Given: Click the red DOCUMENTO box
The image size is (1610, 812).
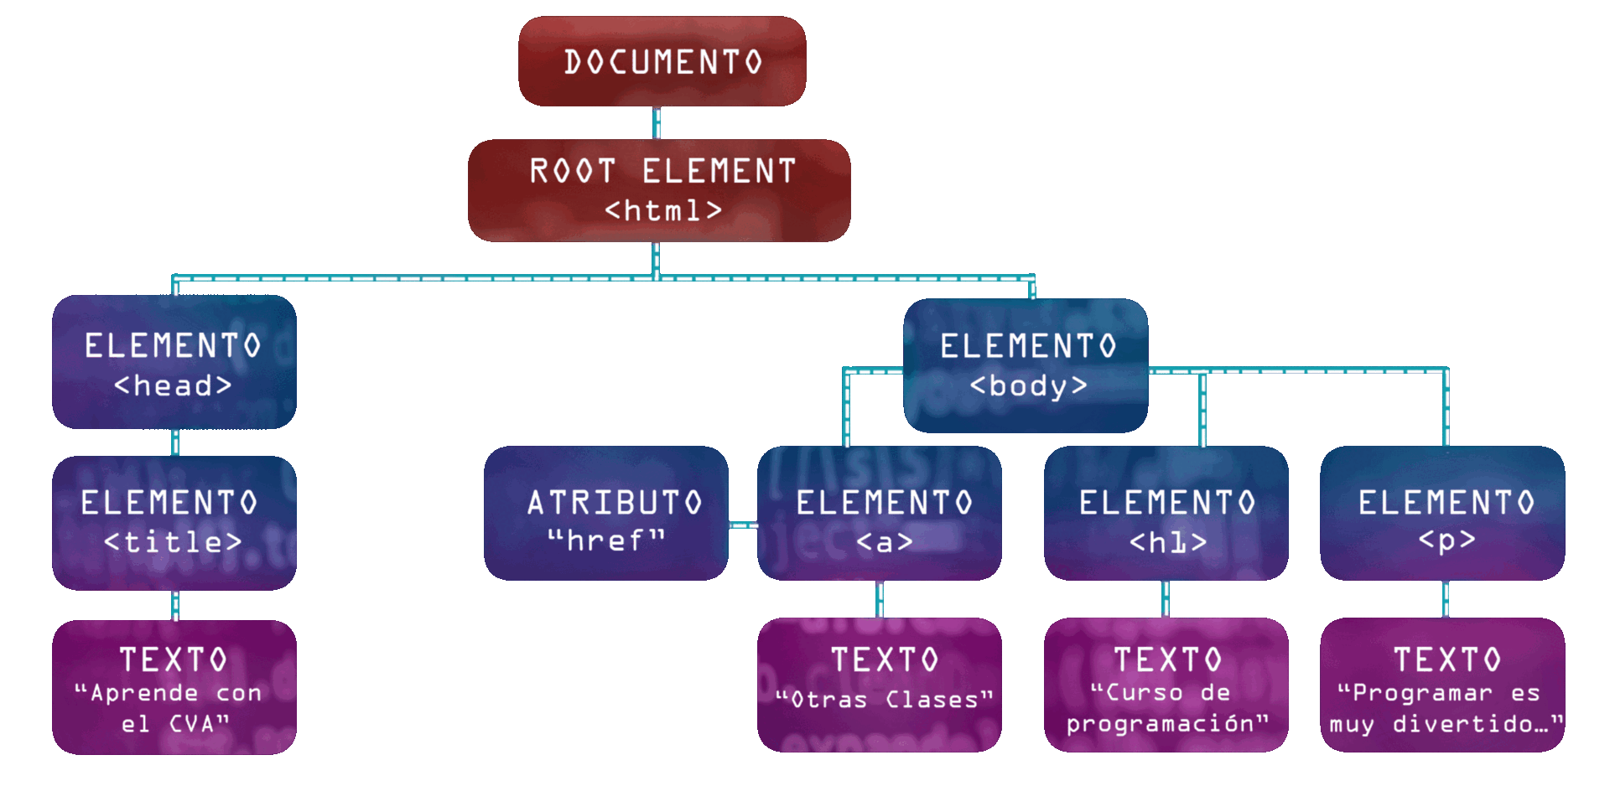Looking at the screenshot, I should (662, 61).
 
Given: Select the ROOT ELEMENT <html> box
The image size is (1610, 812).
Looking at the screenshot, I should (659, 191).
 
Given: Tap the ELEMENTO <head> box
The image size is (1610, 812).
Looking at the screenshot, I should (174, 362).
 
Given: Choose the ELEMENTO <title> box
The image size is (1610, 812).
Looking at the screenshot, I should (174, 522).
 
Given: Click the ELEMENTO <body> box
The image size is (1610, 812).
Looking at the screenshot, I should (1026, 365).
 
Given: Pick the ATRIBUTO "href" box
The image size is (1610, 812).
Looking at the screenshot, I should (606, 513).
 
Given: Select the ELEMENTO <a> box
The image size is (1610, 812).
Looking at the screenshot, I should (880, 513).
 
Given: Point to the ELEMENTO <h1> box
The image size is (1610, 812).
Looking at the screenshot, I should (1166, 513).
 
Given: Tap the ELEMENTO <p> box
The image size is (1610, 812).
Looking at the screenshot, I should (1442, 513).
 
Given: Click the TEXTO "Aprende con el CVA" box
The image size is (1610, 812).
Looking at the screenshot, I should (174, 687).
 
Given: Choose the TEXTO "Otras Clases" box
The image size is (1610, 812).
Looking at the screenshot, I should (880, 685).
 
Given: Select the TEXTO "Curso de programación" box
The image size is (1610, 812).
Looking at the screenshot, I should (1166, 685).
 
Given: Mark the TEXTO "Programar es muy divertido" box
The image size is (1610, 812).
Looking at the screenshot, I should (1442, 685).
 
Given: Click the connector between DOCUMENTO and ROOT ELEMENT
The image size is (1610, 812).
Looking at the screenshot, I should (657, 122).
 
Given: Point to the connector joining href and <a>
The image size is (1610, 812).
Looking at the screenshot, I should (743, 525).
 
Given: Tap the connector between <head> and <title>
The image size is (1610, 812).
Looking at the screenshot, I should (175, 442).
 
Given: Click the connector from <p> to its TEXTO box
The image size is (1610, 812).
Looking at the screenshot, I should (1446, 598).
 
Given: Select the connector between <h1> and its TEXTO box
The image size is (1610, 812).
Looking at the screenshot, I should (1166, 598).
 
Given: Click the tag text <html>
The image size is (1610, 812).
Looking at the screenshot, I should (662, 210).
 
